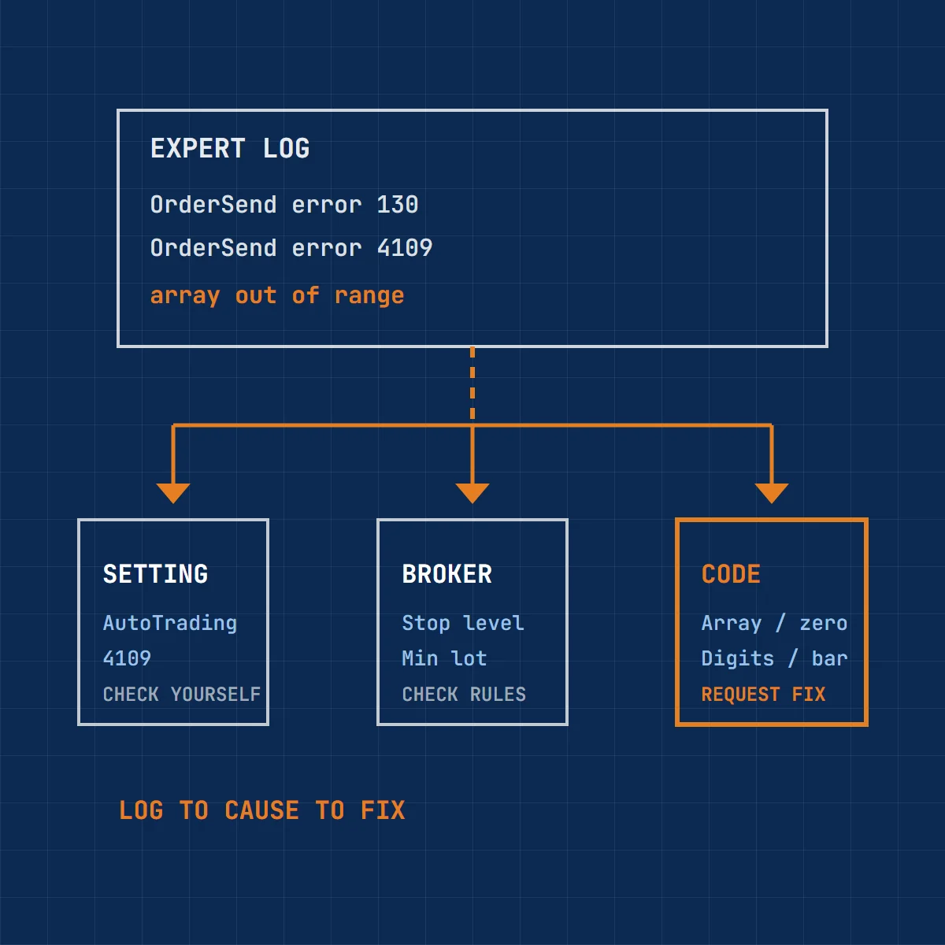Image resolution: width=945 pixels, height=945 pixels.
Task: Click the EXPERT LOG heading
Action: [230, 148]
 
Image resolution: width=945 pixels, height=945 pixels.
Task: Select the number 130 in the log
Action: [397, 205]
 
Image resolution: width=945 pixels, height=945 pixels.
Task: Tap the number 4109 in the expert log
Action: [405, 247]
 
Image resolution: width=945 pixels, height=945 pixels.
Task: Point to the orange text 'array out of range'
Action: [277, 296]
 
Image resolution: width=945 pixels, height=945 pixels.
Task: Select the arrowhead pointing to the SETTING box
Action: [173, 493]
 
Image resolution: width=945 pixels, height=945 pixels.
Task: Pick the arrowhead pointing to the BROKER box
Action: [472, 493]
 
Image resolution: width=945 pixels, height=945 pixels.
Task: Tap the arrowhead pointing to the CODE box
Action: [772, 493]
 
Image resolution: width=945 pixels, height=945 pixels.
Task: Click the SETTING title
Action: [155, 574]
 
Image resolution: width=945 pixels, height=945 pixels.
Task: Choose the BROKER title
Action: [447, 574]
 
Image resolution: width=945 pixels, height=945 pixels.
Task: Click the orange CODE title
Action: [731, 574]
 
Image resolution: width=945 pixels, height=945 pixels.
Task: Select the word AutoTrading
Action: [170, 624]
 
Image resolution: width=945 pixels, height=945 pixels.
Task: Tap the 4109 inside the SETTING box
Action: [127, 658]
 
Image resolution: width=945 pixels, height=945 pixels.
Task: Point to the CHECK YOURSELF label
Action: [182, 695]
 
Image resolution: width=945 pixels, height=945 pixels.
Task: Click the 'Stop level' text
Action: [463, 623]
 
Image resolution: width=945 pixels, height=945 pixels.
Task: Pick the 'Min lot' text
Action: [444, 658]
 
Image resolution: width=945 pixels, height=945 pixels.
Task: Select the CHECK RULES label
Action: [464, 695]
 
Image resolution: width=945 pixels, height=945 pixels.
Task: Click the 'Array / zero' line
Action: [774, 623]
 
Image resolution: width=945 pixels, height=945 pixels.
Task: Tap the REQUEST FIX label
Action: [763, 695]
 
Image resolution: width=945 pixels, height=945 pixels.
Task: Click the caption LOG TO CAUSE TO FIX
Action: [262, 810]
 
